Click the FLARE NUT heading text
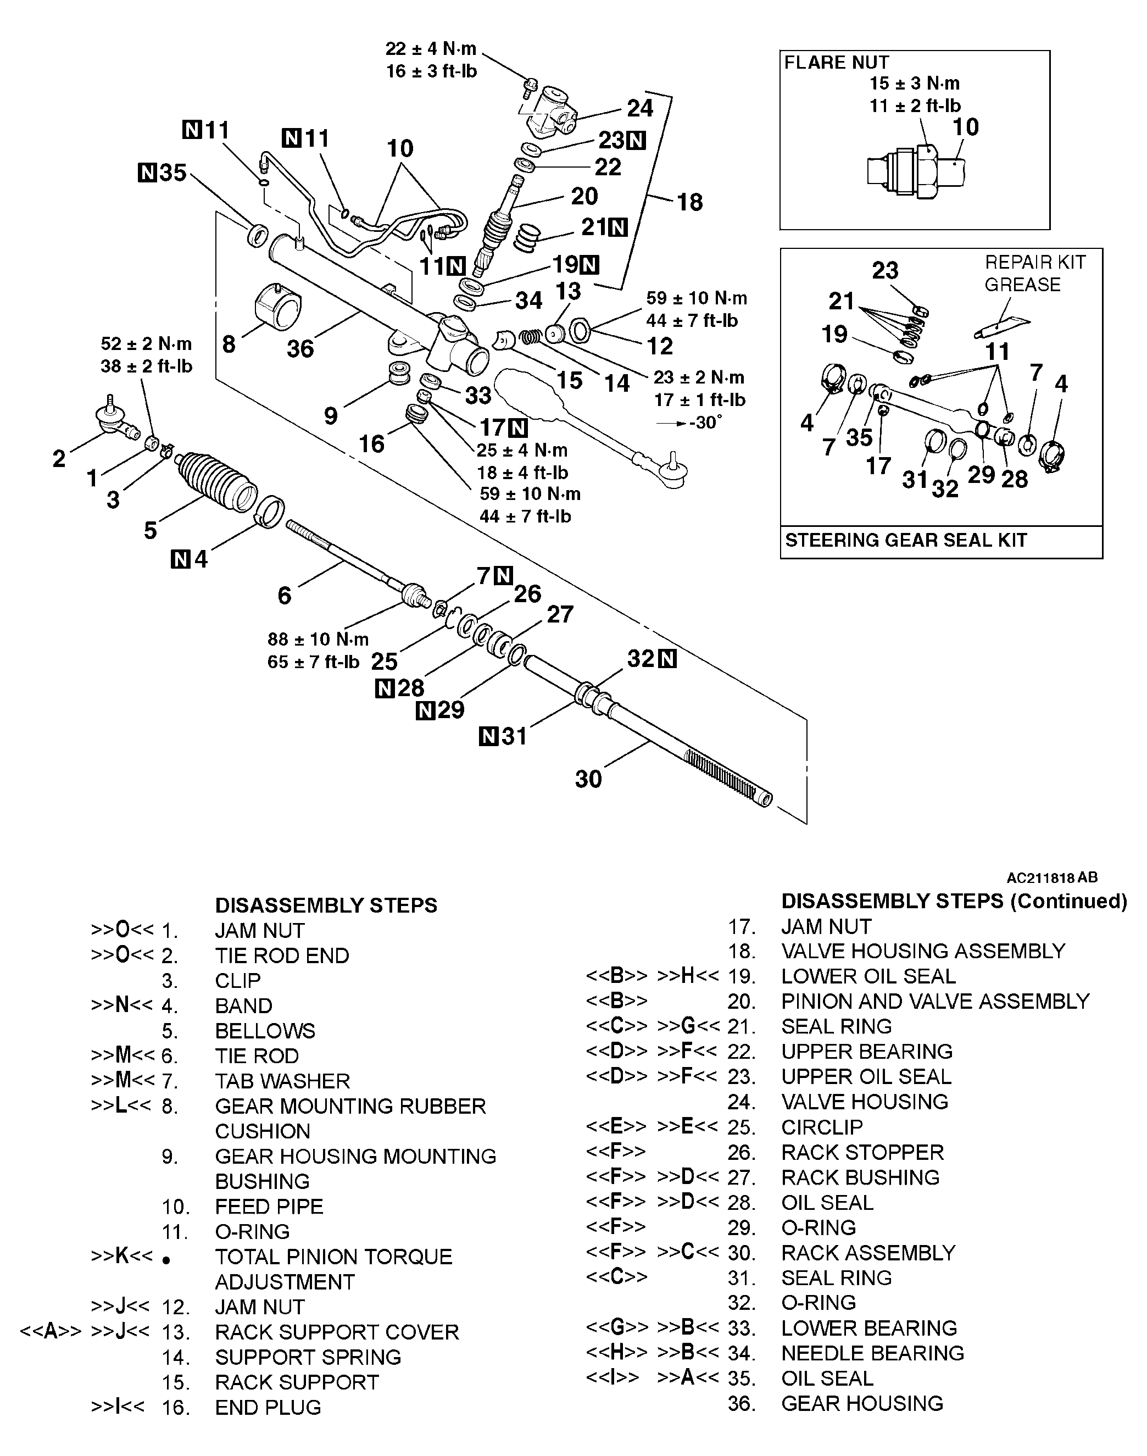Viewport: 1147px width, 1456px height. [x=836, y=63]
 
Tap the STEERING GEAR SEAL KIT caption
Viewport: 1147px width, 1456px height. [x=905, y=540]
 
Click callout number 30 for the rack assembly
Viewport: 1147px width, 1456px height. [x=588, y=779]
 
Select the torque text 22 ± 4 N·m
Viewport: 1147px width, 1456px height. [x=431, y=48]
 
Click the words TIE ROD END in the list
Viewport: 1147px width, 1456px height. [x=282, y=955]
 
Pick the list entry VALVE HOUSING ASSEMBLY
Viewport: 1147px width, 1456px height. [x=923, y=952]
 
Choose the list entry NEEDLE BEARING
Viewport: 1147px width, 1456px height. [x=872, y=1353]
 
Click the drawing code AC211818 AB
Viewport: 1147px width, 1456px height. [x=1051, y=878]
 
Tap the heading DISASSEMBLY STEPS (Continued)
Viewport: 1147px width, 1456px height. [x=954, y=901]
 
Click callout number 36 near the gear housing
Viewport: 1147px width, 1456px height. [x=300, y=348]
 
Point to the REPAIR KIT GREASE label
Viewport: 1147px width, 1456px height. [x=1034, y=273]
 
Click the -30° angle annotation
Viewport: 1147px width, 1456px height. [x=705, y=423]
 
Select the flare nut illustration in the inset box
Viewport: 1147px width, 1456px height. [x=917, y=169]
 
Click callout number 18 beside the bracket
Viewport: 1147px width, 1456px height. [x=689, y=202]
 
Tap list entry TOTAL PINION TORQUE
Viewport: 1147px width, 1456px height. [x=333, y=1257]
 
